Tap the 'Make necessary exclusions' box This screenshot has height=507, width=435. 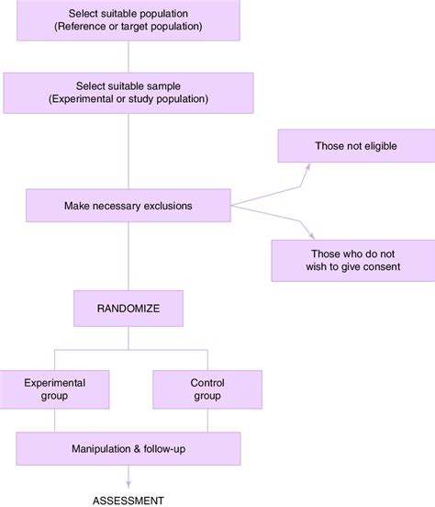(128, 206)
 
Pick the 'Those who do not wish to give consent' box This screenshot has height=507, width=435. (352, 260)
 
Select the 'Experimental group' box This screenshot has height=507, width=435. (55, 389)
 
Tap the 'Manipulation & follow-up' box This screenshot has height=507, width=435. (128, 449)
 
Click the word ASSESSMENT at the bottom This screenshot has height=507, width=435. (128, 500)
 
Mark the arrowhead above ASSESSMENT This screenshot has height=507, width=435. (128, 485)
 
